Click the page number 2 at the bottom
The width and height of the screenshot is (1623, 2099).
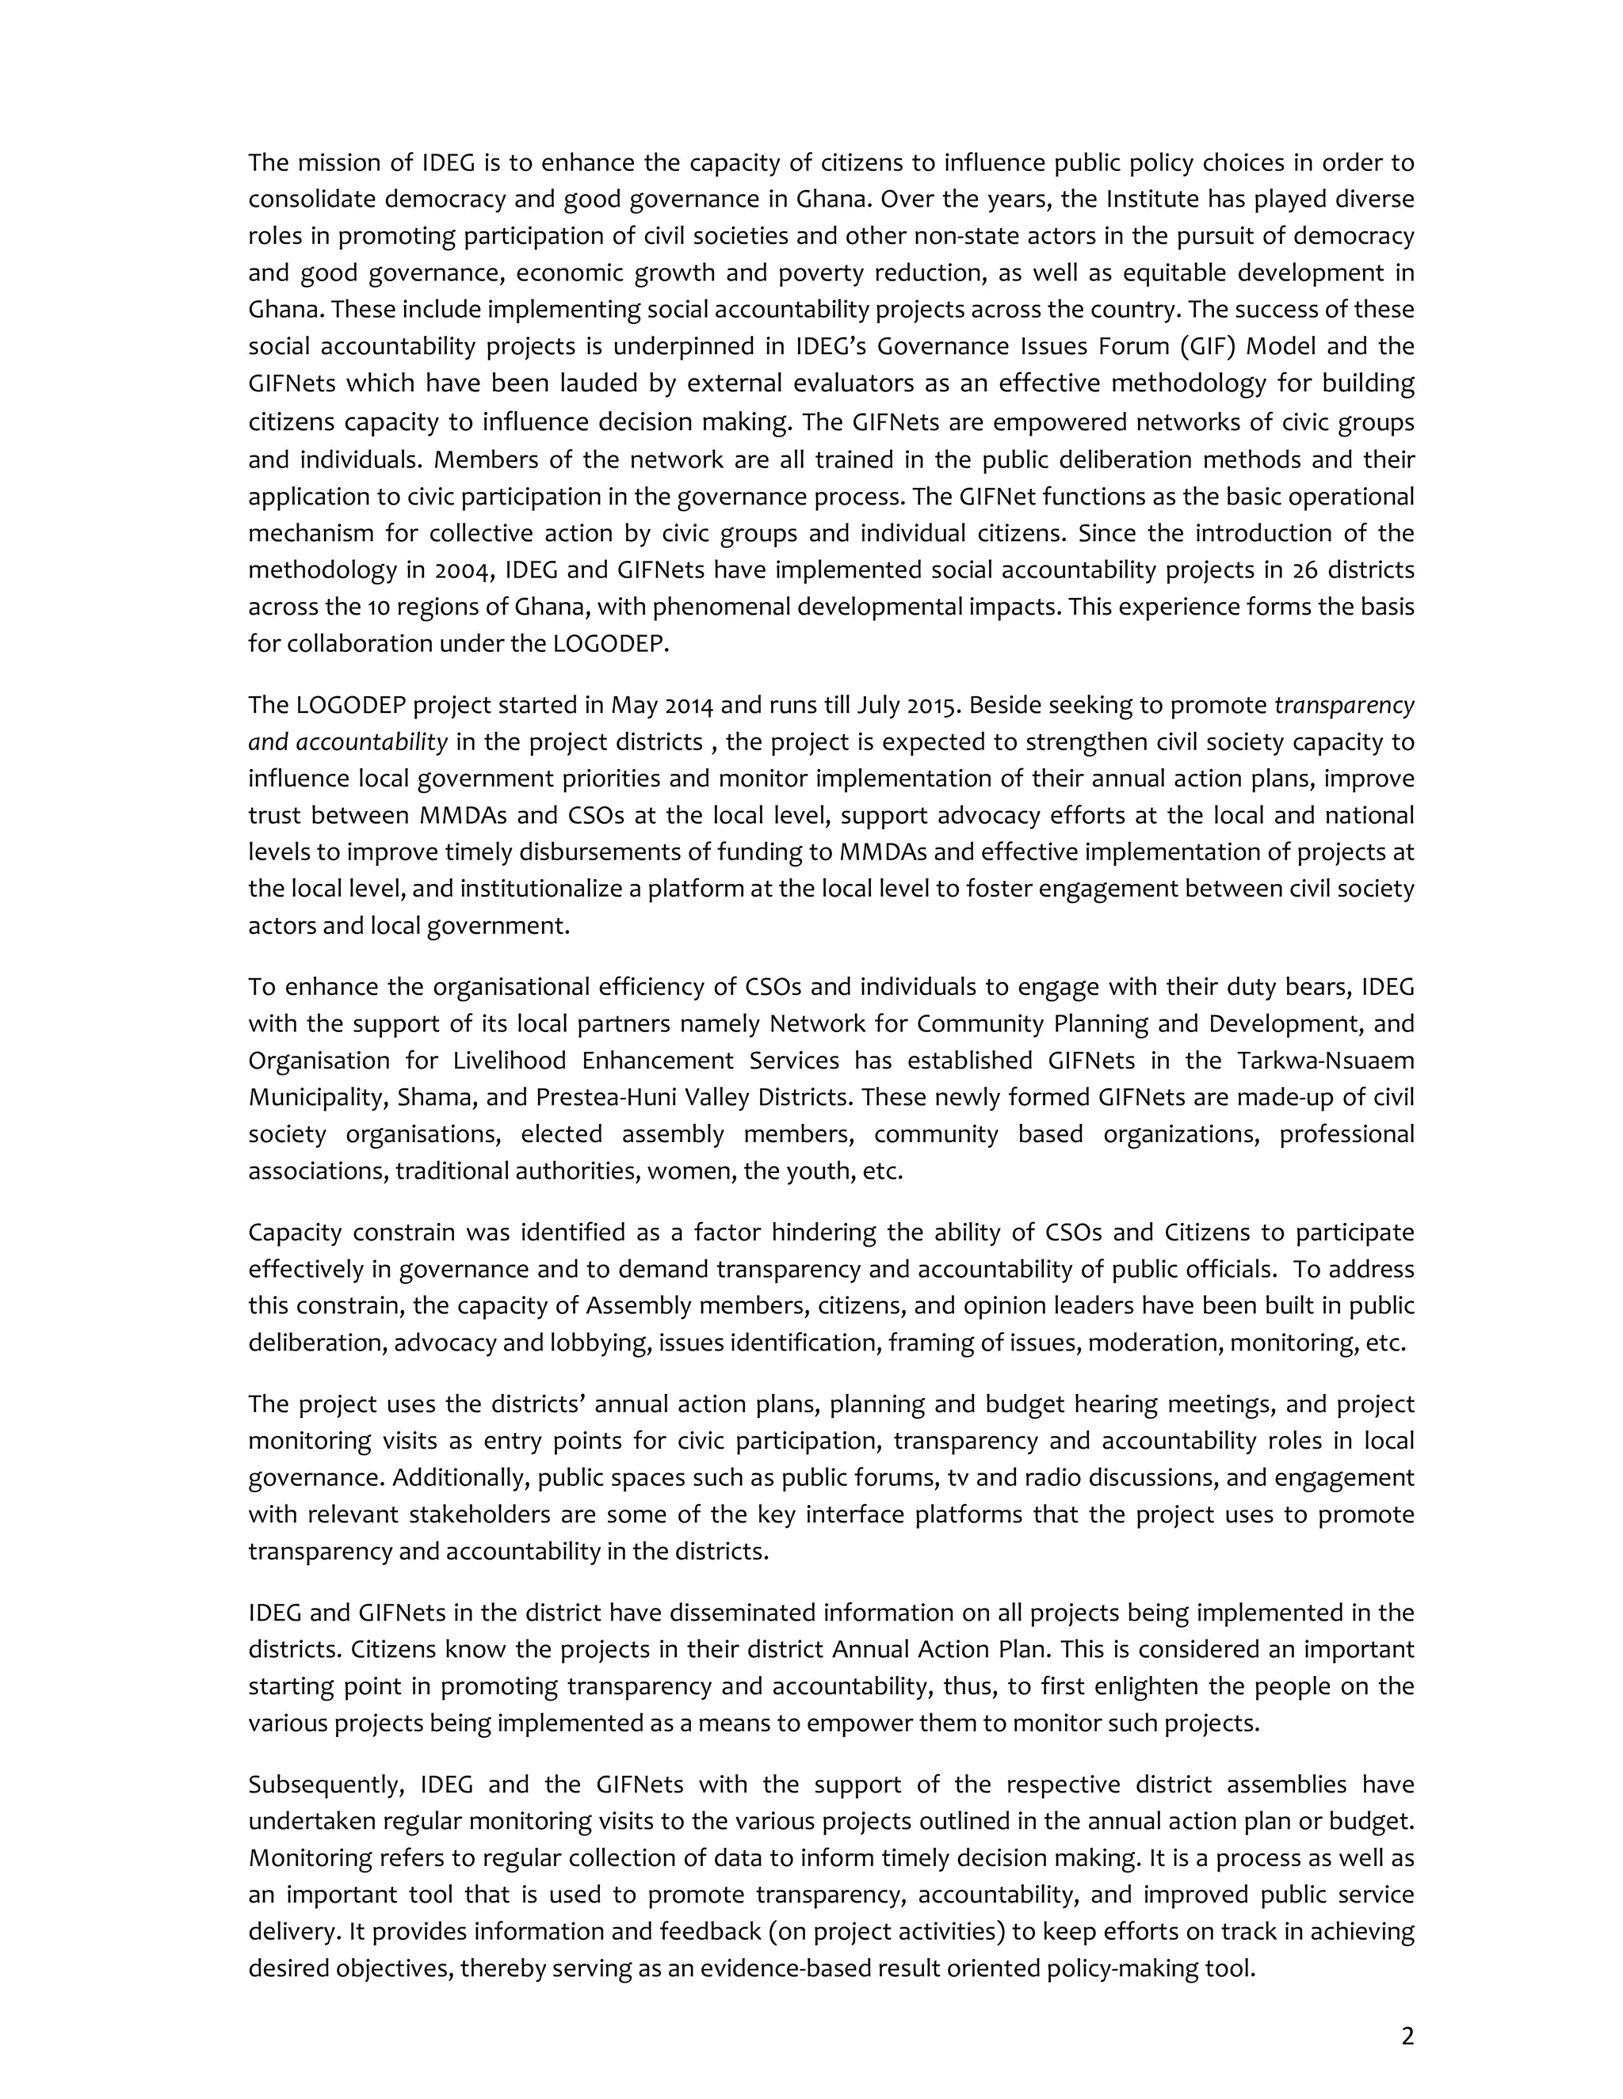[1407, 2036]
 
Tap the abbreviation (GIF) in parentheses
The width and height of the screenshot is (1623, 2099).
[1199, 346]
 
